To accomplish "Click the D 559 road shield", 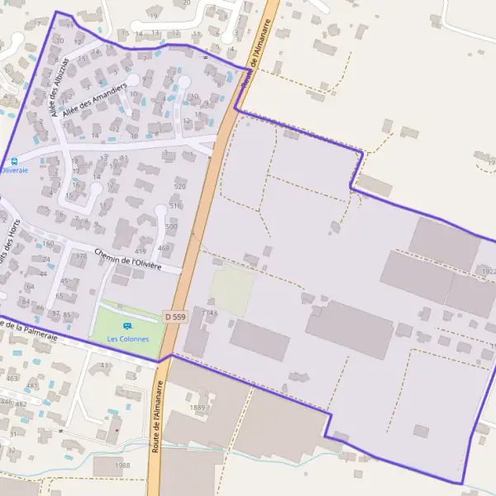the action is click(174, 316).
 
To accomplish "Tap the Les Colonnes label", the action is click(128, 339).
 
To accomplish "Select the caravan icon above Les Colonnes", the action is click(127, 327).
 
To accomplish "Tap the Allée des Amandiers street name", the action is click(98, 100).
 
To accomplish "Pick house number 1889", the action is click(197, 408).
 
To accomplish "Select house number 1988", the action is click(122, 465).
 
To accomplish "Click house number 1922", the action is click(487, 271).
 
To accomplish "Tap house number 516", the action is click(174, 206).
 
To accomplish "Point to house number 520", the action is click(180, 187).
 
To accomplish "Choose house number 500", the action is click(171, 227).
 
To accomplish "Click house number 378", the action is click(80, 256).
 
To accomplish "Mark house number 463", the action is click(12, 378).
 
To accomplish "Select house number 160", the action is click(48, 244).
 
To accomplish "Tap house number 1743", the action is click(212, 313).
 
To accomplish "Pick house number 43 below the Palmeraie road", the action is click(104, 365).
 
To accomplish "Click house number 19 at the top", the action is click(154, 16).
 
